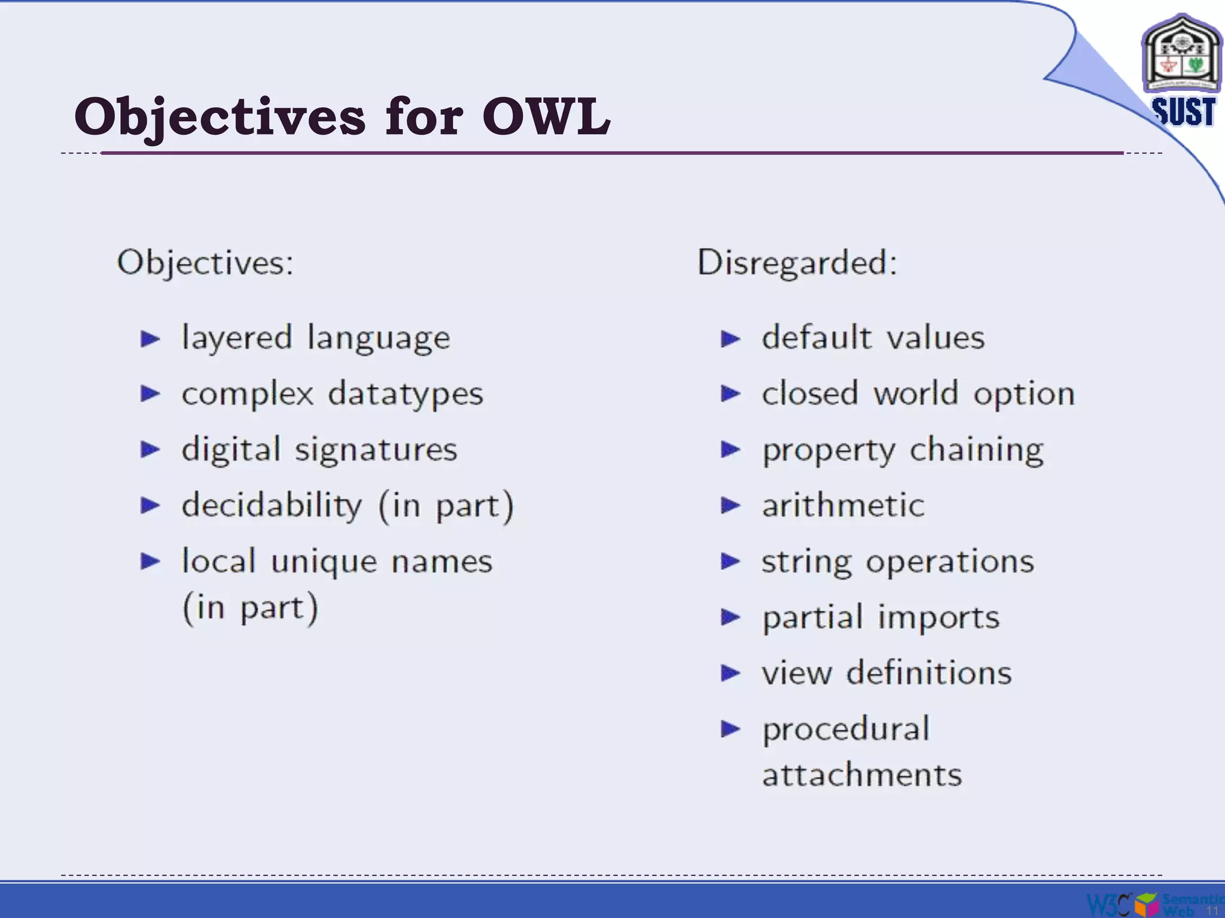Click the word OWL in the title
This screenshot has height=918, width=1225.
click(x=546, y=117)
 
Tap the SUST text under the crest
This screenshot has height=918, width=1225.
click(x=1183, y=112)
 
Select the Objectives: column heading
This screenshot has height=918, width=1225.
click(x=205, y=263)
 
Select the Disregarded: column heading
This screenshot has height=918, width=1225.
click(x=797, y=263)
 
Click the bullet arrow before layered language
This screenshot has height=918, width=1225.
click(x=150, y=339)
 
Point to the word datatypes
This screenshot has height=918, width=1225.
click(x=406, y=395)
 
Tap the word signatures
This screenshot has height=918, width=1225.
click(x=376, y=451)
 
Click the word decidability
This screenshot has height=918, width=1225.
click(x=272, y=506)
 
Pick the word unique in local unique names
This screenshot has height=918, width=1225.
click(x=324, y=562)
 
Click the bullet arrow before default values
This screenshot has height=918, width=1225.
click(x=730, y=339)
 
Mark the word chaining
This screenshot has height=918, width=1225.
click(x=977, y=451)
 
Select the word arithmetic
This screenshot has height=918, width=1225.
click(x=843, y=506)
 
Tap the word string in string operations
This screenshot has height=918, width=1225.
click(x=806, y=562)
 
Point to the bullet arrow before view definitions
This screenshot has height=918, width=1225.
click(x=730, y=674)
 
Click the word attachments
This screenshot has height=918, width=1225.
click(x=862, y=775)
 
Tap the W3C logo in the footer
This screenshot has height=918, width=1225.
click(x=1108, y=904)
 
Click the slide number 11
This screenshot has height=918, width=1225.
click(x=1212, y=911)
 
